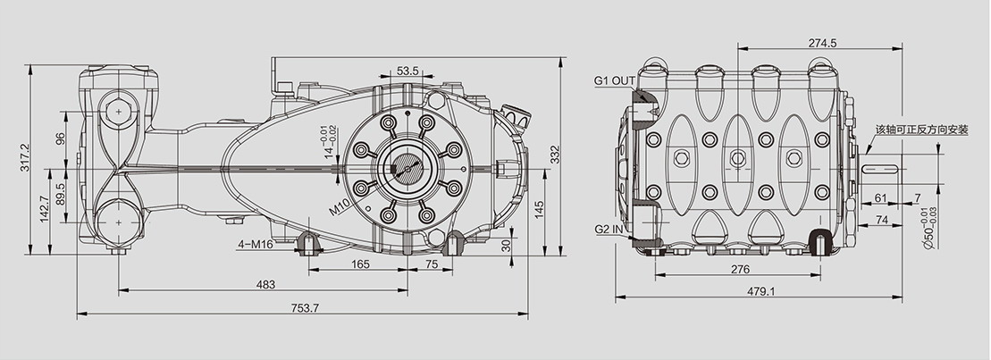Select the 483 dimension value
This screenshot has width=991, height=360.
[x=265, y=285]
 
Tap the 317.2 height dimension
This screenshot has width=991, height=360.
[x=25, y=161]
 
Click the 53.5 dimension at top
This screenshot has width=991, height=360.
[x=407, y=71]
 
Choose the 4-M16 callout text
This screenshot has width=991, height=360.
[x=256, y=245]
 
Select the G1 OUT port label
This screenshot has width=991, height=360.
[x=614, y=80]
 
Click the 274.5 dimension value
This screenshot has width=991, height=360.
[x=822, y=43]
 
